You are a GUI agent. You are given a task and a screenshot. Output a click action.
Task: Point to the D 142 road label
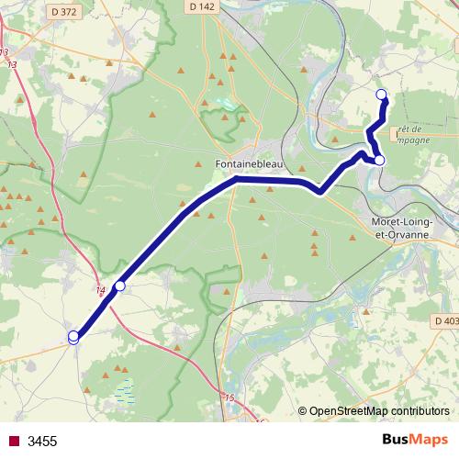[x=206, y=6]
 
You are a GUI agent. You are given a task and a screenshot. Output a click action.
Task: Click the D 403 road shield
[x=444, y=320]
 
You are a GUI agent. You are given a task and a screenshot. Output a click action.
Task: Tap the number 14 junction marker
[x=100, y=291]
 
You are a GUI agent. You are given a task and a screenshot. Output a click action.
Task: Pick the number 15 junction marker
[x=229, y=397]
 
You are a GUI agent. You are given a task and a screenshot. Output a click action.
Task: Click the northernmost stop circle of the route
[x=383, y=94]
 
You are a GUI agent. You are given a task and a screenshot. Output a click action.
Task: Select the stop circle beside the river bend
[x=379, y=161]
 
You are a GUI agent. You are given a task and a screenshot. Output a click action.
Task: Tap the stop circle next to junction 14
[x=119, y=286]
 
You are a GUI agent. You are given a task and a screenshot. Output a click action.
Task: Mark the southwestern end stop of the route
[x=73, y=337]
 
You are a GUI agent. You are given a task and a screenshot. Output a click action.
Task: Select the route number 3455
[x=42, y=442]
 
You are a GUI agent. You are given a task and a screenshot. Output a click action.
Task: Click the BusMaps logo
[x=415, y=440]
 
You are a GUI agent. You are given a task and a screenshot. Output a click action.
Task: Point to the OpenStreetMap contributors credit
[x=379, y=410]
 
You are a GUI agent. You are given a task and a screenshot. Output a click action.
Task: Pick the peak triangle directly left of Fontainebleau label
[x=199, y=164]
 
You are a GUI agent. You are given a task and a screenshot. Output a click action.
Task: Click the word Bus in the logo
[x=397, y=440]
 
